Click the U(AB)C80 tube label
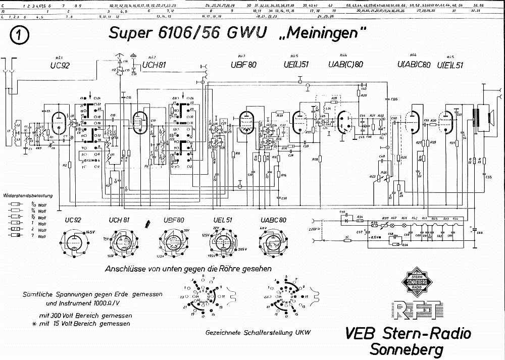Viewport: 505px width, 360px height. tap(414, 64)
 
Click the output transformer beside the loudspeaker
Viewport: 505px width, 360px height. tap(475, 119)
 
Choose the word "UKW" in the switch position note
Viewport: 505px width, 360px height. tap(302, 332)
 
